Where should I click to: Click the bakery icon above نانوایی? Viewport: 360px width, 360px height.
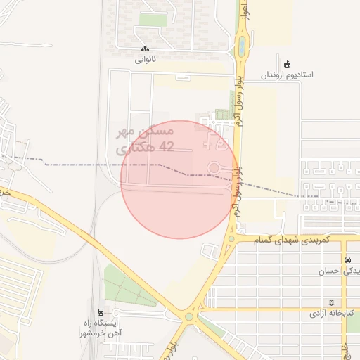pos(145,49)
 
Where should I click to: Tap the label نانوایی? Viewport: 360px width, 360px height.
pos(146,60)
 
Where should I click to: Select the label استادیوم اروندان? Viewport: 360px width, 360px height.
pos(288,74)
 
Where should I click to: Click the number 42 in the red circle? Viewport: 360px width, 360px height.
pos(167,146)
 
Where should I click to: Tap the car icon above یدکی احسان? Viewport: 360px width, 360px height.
pos(347,259)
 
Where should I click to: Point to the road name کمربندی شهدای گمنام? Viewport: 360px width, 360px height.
pos(286,240)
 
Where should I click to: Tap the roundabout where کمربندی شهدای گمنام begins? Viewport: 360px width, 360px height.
pos(231,240)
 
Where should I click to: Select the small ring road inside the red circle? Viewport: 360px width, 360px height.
pos(214,167)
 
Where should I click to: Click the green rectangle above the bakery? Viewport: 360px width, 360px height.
pos(148,19)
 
